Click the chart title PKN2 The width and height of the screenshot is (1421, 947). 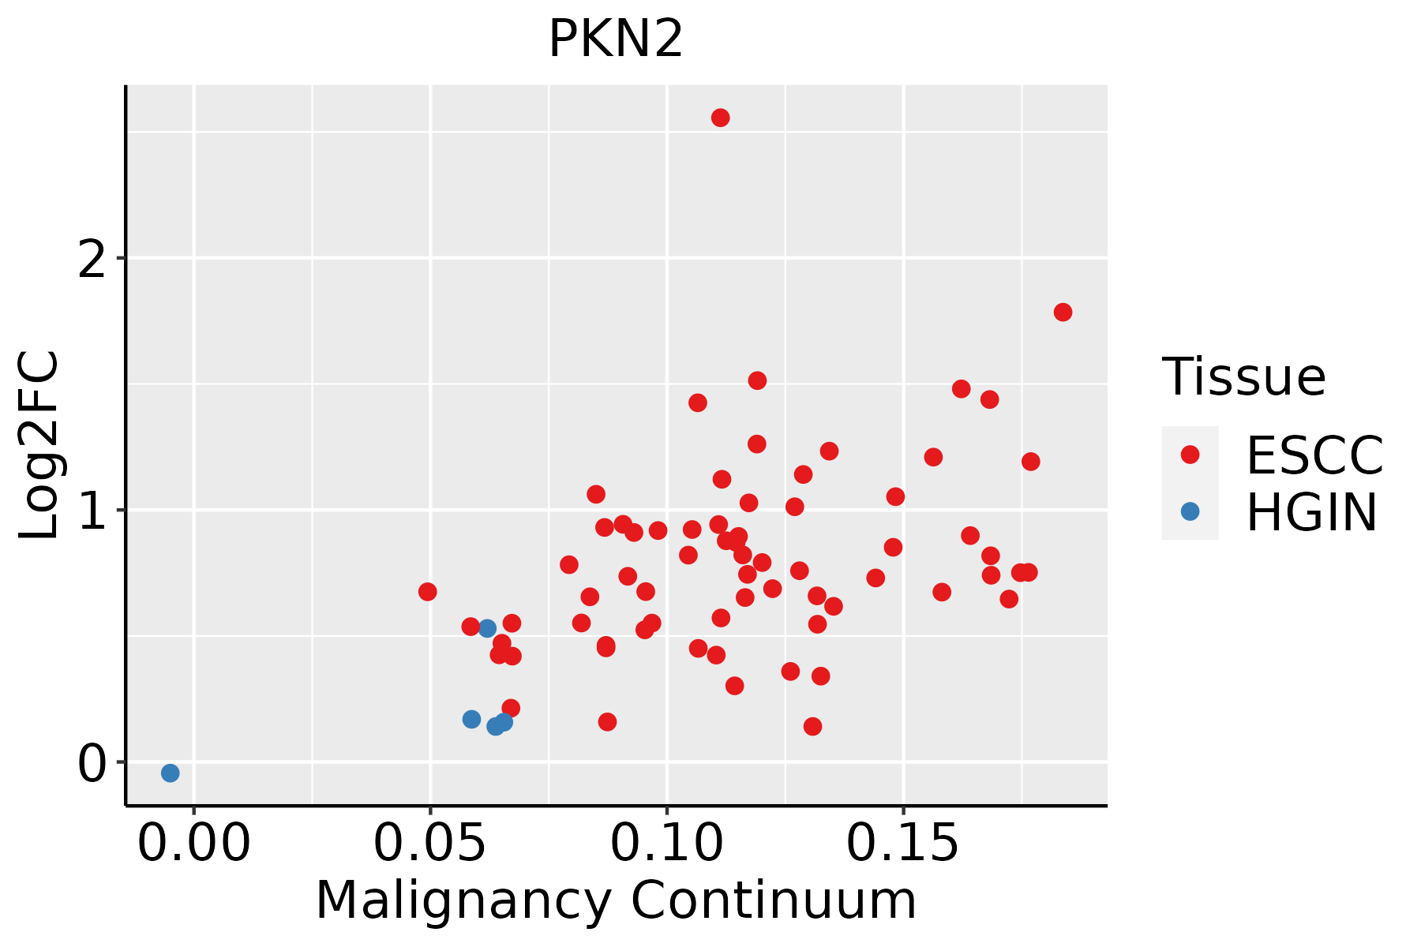click(x=615, y=39)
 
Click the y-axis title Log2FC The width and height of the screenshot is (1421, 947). click(x=39, y=445)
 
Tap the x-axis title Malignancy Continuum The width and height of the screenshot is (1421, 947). click(x=616, y=900)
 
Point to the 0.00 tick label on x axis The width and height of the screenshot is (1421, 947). click(x=194, y=844)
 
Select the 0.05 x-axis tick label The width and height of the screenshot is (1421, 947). click(x=430, y=844)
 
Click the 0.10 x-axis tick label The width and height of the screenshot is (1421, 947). click(x=667, y=844)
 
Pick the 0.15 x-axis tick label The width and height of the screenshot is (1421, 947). click(x=903, y=844)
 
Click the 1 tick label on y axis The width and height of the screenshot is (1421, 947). click(x=93, y=510)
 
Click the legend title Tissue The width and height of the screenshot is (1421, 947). click(x=1243, y=376)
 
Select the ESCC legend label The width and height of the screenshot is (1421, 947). click(x=1314, y=455)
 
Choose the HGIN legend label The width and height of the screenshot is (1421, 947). click(x=1312, y=512)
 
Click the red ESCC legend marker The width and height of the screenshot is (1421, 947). click(x=1190, y=455)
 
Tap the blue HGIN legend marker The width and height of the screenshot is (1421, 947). click(x=1190, y=511)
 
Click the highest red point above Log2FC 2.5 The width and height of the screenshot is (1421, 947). click(x=720, y=118)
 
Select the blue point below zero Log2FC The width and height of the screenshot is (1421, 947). click(x=170, y=773)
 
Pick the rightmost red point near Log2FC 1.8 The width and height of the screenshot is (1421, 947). click(x=1063, y=312)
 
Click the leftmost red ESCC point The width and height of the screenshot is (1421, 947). click(x=427, y=592)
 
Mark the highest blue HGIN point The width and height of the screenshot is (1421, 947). click(x=487, y=628)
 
